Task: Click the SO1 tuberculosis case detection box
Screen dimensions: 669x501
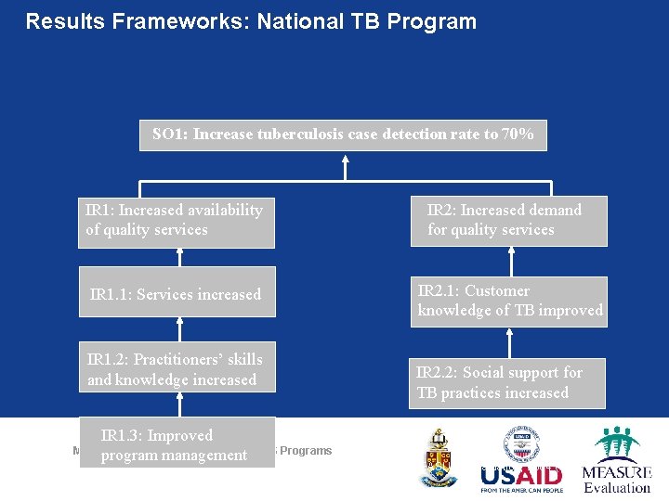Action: pos(343,135)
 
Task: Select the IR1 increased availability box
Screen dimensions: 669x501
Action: pos(176,221)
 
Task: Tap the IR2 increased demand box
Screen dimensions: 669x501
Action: pos(508,221)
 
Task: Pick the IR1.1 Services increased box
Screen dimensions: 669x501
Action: pos(176,295)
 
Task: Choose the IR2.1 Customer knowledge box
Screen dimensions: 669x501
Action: pos(509,301)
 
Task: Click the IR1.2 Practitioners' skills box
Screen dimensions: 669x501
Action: pos(176,369)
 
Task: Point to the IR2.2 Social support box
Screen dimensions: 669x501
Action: pos(507,382)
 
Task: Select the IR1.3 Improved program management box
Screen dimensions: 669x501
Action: pos(176,445)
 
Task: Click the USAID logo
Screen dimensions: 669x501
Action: pos(520,478)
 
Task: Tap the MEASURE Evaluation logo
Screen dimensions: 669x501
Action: pos(617,460)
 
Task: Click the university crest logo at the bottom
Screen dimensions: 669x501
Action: pos(439,457)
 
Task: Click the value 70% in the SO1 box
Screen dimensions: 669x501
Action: pos(518,135)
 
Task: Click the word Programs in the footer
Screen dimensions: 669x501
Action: pos(306,451)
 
